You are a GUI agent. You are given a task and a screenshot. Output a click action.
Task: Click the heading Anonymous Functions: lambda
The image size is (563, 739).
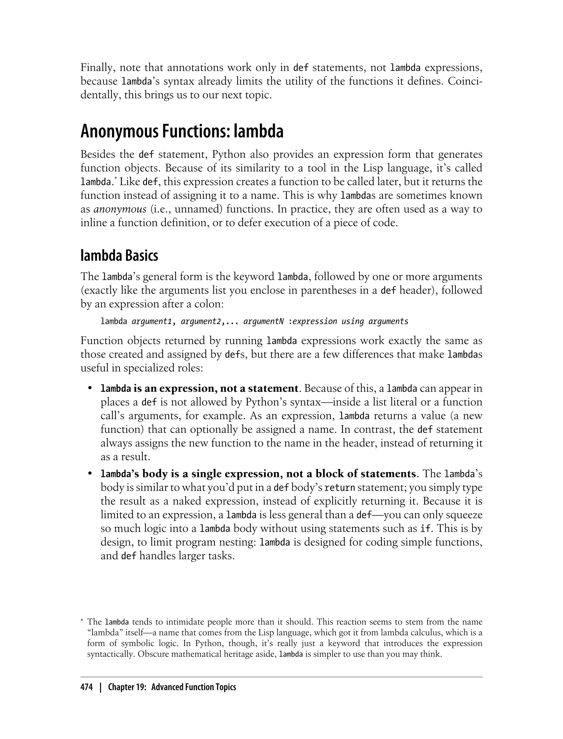182,131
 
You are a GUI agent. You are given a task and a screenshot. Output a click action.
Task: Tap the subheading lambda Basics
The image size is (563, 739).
119,256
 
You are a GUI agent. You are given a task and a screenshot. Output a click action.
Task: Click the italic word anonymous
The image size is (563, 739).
120,209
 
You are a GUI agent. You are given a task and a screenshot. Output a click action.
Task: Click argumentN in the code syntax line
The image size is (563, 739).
263,321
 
